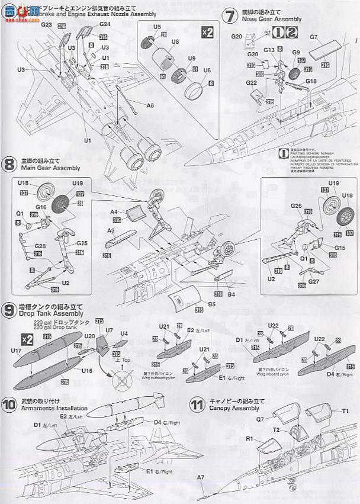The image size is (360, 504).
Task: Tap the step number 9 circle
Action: (x=9, y=309)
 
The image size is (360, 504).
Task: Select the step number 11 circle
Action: (x=197, y=406)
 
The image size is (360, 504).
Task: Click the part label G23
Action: (x=47, y=25)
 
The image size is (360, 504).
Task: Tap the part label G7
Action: (x=314, y=36)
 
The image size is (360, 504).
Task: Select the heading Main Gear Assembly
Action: (x=46, y=167)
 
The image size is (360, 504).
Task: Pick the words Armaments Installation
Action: (x=54, y=409)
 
